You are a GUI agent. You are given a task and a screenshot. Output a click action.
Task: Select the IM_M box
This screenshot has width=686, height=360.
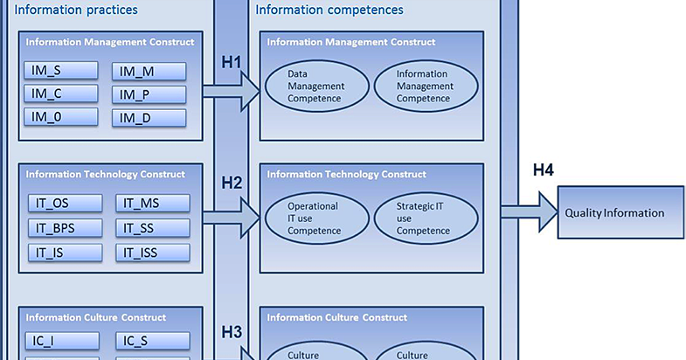click(x=149, y=71)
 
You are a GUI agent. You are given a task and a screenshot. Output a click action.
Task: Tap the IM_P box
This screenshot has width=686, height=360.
click(x=149, y=94)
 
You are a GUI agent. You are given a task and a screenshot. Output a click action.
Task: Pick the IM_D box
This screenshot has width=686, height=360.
click(x=149, y=118)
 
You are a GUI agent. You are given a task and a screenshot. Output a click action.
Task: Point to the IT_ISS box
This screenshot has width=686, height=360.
click(x=153, y=253)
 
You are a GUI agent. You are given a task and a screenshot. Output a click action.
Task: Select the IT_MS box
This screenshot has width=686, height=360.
click(x=153, y=204)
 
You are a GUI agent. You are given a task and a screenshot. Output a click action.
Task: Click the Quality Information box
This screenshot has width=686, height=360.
click(x=620, y=212)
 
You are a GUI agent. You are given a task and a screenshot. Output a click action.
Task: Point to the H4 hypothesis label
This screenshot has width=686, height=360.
click(x=544, y=170)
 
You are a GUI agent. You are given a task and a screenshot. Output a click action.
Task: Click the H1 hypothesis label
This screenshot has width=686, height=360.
click(x=232, y=63)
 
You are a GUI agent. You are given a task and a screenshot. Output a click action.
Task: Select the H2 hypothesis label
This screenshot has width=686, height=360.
click(x=232, y=183)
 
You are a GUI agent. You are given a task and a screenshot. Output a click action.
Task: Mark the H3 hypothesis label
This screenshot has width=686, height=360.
click(x=232, y=331)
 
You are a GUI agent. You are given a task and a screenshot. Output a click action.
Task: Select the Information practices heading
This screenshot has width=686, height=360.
click(x=76, y=10)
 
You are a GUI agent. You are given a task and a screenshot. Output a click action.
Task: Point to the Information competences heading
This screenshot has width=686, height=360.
click(x=329, y=10)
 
